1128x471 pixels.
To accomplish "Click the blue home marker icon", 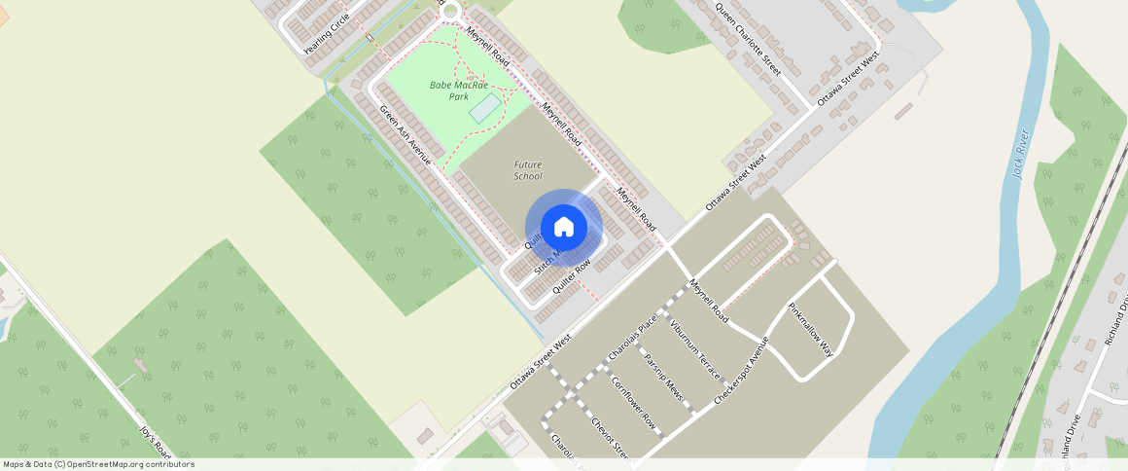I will (564, 228).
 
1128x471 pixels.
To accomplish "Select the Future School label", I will (527, 170).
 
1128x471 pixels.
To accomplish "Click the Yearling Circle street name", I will (326, 35).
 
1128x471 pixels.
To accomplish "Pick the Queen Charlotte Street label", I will (748, 40).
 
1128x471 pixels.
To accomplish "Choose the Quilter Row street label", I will (571, 277).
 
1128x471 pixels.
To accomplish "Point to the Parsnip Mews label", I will (664, 378).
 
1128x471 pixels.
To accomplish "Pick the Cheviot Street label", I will (612, 437).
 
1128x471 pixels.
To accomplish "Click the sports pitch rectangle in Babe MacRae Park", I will (485, 109).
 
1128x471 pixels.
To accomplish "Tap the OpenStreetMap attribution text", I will (99, 464).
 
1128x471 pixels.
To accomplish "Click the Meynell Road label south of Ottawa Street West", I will (709, 302).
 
